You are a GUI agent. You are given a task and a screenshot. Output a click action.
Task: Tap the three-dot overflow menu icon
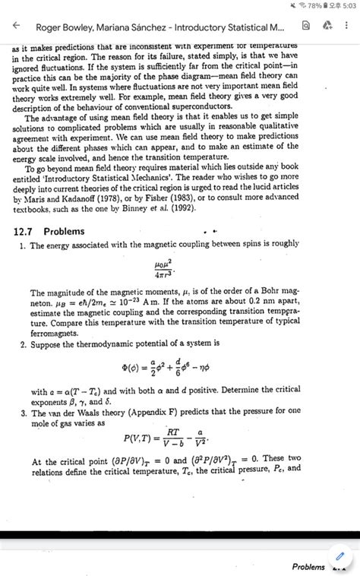[x=347, y=26]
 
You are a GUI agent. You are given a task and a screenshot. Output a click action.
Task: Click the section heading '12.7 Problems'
[x=50, y=231]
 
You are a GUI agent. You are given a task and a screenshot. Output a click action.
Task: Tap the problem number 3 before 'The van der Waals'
[x=24, y=413]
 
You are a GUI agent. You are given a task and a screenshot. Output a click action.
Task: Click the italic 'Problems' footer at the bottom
[x=308, y=567]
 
